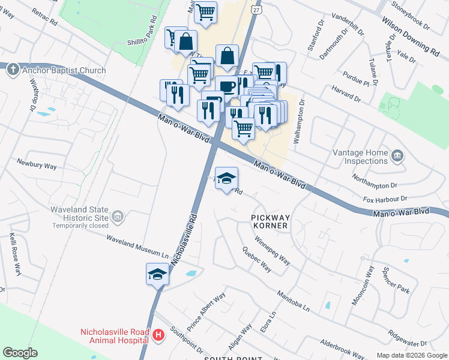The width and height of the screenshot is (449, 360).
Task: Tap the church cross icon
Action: coord(12,70)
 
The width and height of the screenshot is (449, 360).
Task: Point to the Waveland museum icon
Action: coord(118,216)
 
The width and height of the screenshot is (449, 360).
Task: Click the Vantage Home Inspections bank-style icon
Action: coord(397,157)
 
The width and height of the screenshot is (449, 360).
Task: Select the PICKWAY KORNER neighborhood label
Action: coord(270,221)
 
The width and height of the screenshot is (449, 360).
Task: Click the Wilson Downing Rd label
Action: coord(410,35)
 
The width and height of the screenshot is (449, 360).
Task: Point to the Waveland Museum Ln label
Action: coord(138,245)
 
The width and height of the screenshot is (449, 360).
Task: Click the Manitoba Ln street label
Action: coord(293,302)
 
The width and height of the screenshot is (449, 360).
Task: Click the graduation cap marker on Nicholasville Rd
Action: coord(157,275)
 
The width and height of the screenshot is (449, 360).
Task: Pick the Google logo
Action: coord(20,353)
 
